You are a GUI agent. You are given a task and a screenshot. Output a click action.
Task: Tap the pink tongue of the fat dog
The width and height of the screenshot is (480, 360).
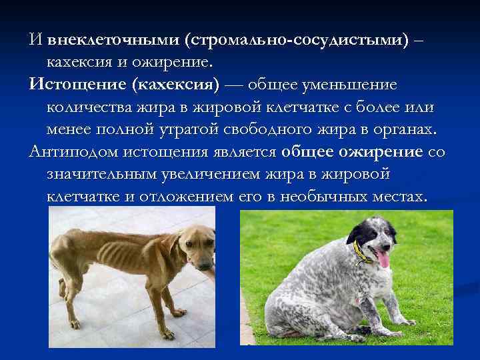[382, 258]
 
